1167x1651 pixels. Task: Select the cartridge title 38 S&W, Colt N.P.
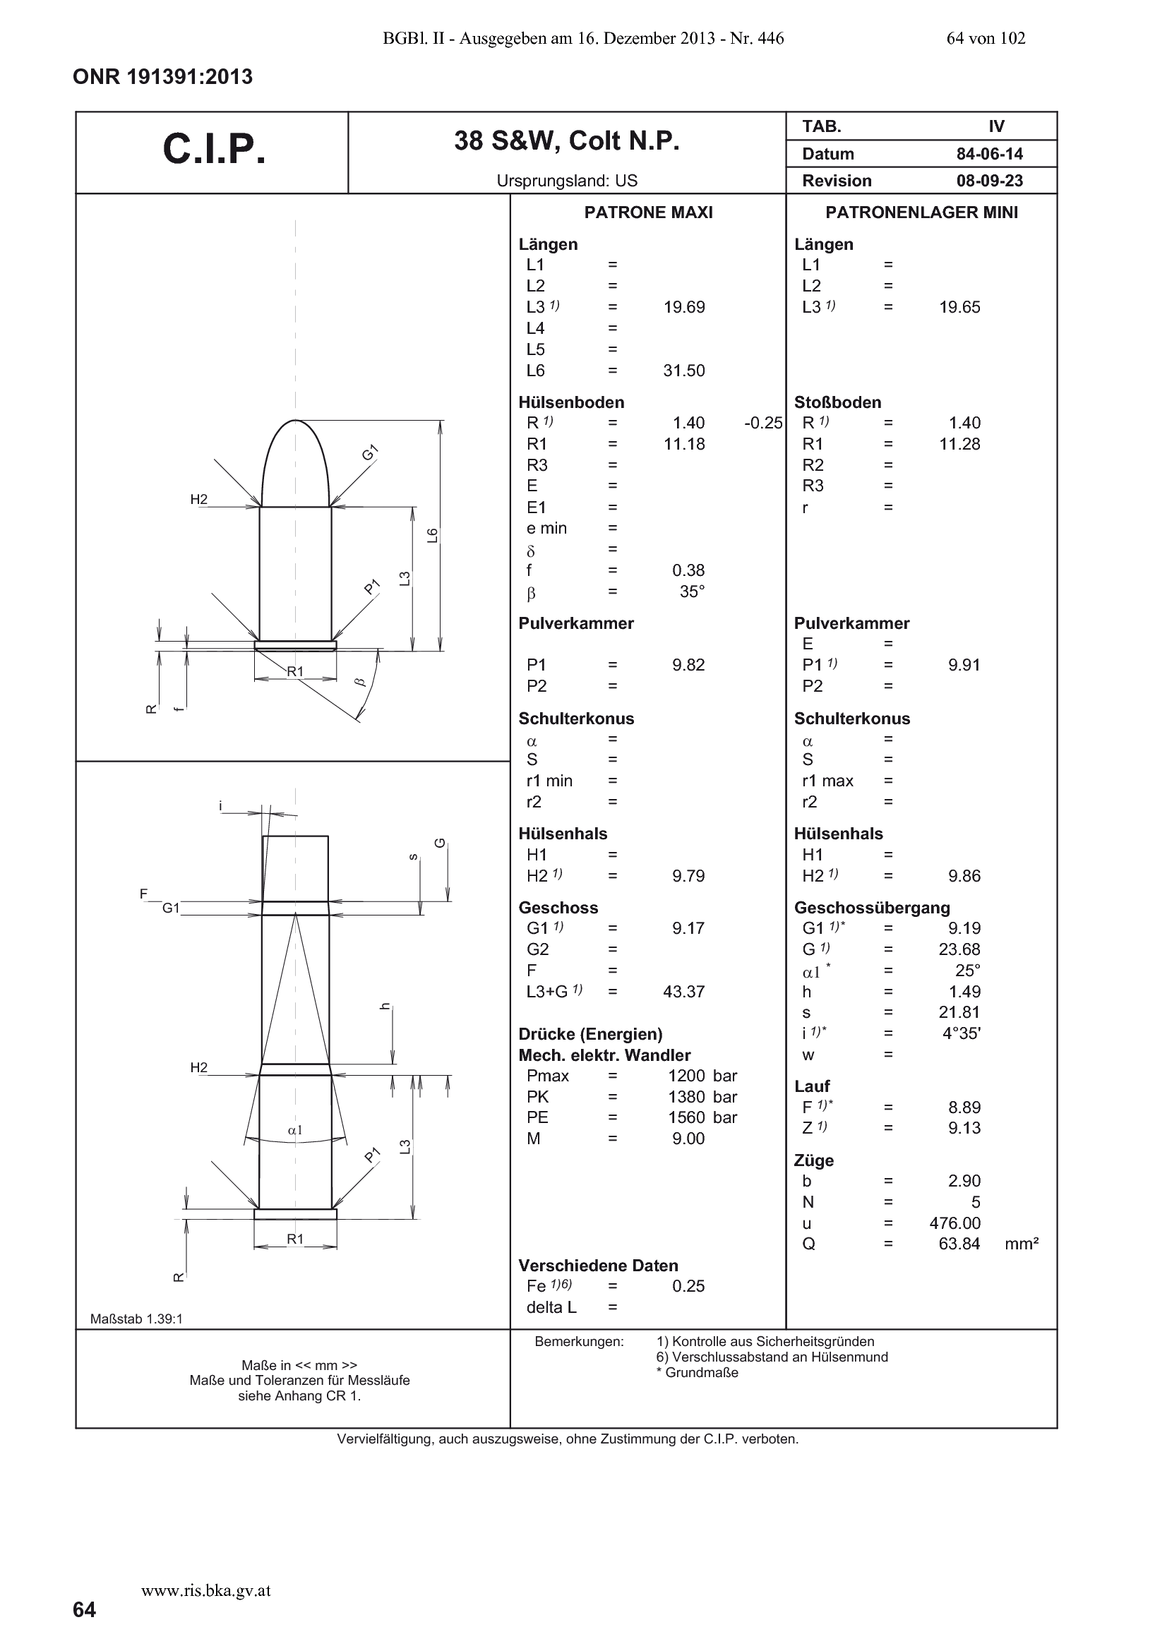(x=567, y=142)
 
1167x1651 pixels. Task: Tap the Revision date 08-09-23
(x=989, y=181)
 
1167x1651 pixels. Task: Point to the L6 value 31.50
(x=684, y=371)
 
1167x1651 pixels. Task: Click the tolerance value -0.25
(x=763, y=423)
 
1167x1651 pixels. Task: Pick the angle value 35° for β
(x=693, y=592)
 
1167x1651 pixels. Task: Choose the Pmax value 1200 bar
(x=702, y=1076)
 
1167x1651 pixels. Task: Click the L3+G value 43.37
(x=684, y=992)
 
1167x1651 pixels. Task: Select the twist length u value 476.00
(x=955, y=1223)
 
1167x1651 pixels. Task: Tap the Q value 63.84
(x=959, y=1244)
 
